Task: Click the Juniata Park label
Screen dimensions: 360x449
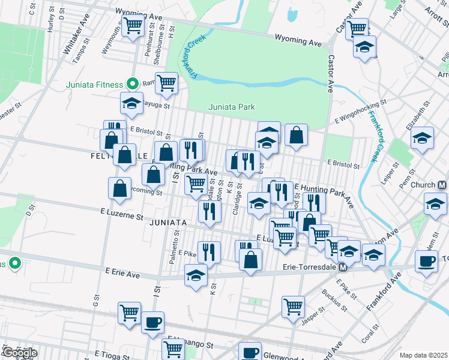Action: [232, 107]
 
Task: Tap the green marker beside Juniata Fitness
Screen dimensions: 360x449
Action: [135, 85]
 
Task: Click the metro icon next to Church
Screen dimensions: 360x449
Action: [442, 185]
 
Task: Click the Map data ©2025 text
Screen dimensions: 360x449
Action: [423, 355]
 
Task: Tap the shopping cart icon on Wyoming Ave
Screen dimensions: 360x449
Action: [132, 26]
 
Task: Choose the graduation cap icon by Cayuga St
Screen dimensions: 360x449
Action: [131, 103]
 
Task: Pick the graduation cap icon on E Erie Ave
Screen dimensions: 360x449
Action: [196, 276]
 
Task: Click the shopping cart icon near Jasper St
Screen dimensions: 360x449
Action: [293, 305]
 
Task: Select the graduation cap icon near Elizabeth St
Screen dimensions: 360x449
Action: [422, 137]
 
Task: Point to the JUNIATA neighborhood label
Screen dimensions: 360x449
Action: [166, 223]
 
